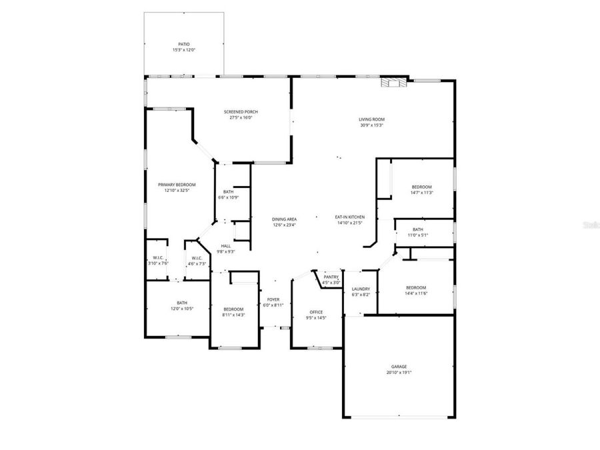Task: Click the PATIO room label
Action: click(x=183, y=44)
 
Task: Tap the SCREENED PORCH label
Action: click(x=241, y=111)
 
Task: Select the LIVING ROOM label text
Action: click(x=372, y=119)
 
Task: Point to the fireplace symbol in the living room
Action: click(x=392, y=83)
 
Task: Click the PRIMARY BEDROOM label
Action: click(x=177, y=185)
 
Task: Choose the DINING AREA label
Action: click(x=285, y=219)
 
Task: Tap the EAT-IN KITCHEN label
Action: click(x=350, y=217)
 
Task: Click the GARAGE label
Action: click(x=399, y=367)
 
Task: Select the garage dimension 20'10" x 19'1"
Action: click(x=399, y=373)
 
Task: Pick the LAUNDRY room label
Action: click(x=361, y=289)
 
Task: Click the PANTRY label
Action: click(x=331, y=277)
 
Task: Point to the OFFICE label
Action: click(x=316, y=312)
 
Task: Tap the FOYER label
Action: click(x=273, y=299)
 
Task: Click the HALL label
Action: click(x=225, y=246)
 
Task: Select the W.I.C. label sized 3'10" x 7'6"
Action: click(x=158, y=258)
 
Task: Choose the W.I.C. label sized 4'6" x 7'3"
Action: click(x=197, y=258)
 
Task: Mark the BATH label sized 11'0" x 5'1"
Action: click(x=418, y=229)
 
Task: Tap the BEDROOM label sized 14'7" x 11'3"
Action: click(x=421, y=187)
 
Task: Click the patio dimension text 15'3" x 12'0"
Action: click(x=183, y=50)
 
